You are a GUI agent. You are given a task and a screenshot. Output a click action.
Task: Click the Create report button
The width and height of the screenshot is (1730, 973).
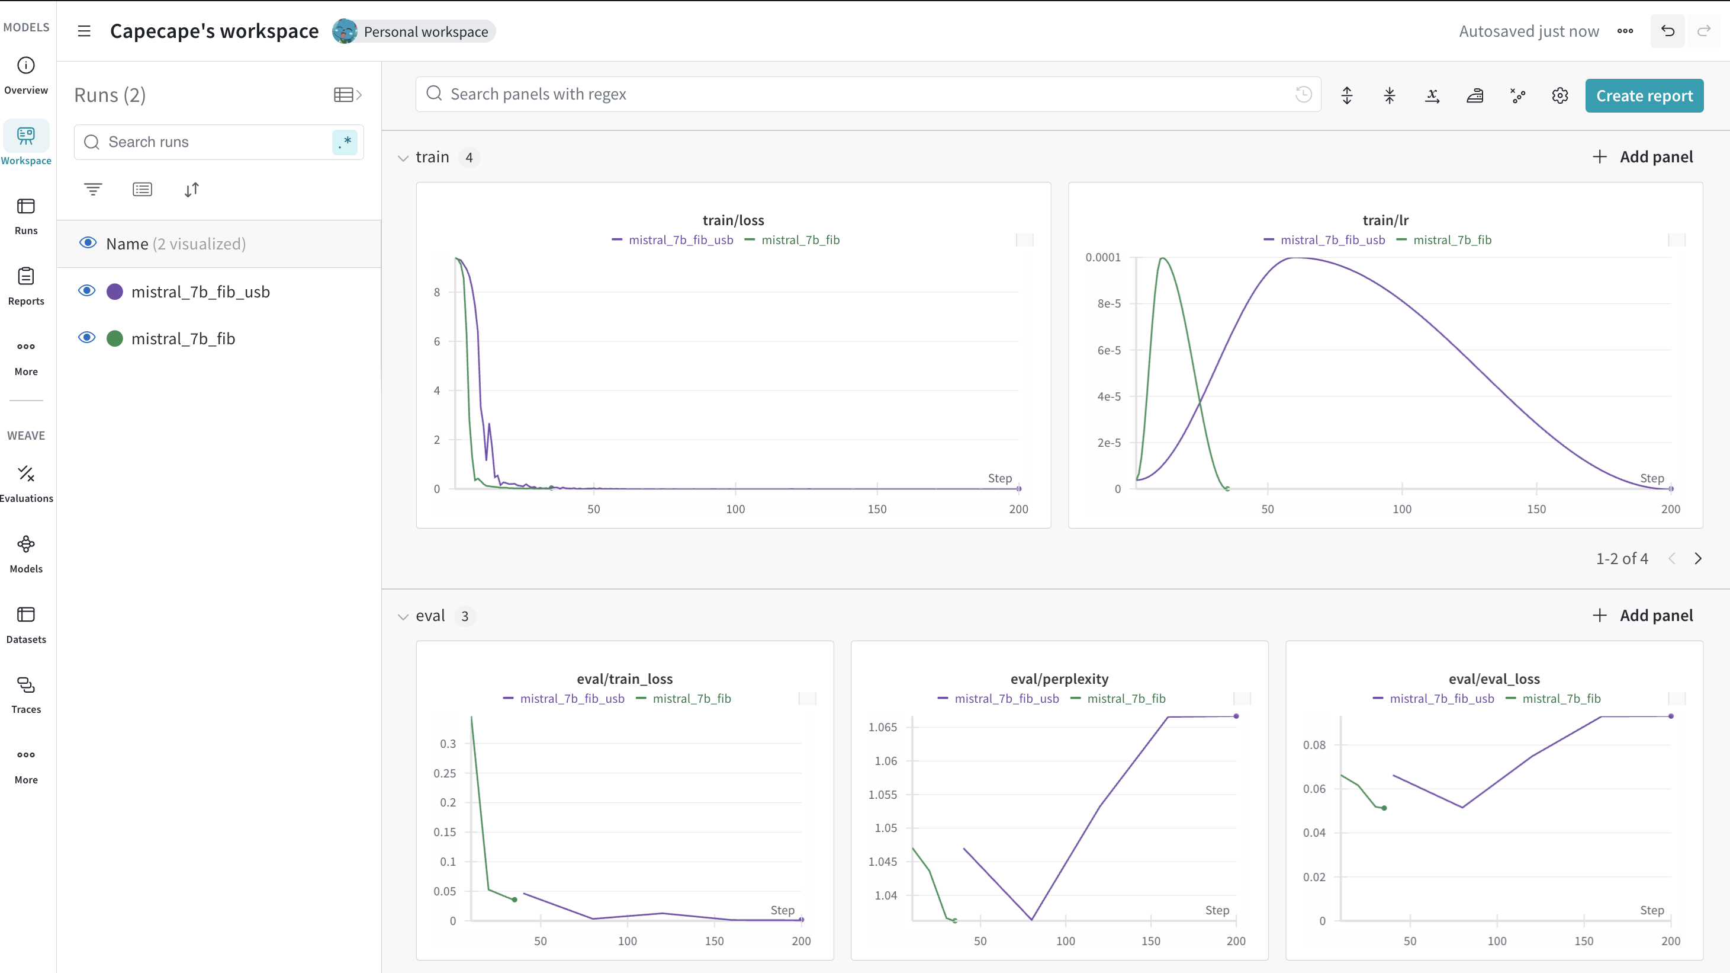click(x=1644, y=95)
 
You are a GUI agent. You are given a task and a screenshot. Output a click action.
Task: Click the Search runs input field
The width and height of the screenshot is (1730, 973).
click(x=215, y=142)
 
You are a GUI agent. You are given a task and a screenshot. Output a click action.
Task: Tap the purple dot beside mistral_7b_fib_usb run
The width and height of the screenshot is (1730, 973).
click(x=115, y=292)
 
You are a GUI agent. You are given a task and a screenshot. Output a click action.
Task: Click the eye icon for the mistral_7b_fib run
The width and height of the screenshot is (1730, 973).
click(x=86, y=337)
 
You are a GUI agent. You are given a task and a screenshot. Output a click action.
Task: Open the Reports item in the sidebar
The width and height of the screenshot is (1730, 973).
click(x=26, y=286)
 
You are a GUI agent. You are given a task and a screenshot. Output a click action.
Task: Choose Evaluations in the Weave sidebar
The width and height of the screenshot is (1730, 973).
click(x=26, y=483)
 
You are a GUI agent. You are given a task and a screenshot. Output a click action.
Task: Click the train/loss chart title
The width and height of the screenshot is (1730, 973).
click(x=733, y=220)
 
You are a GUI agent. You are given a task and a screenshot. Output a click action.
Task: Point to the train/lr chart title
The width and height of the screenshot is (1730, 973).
click(x=1385, y=220)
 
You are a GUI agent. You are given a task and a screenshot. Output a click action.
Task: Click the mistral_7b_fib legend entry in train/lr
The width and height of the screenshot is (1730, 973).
click(x=1451, y=240)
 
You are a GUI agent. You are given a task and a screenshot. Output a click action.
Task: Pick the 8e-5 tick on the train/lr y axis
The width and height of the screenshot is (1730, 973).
click(x=1109, y=304)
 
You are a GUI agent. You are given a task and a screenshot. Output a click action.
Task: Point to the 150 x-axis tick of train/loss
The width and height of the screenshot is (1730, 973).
click(x=876, y=508)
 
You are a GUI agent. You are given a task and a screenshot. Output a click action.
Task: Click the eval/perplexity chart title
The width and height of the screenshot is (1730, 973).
click(x=1059, y=678)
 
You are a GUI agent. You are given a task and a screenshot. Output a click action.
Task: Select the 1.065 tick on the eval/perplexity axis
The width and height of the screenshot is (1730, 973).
click(x=882, y=727)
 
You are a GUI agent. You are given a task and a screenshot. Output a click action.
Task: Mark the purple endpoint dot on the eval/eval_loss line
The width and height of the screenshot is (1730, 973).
click(x=1671, y=716)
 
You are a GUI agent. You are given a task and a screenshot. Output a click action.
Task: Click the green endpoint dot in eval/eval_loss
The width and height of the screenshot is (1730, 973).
click(x=1384, y=808)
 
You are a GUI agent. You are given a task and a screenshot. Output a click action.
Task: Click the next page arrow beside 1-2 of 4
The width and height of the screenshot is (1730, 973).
click(x=1698, y=558)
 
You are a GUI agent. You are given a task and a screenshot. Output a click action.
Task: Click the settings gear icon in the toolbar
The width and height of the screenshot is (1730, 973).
click(x=1559, y=95)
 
